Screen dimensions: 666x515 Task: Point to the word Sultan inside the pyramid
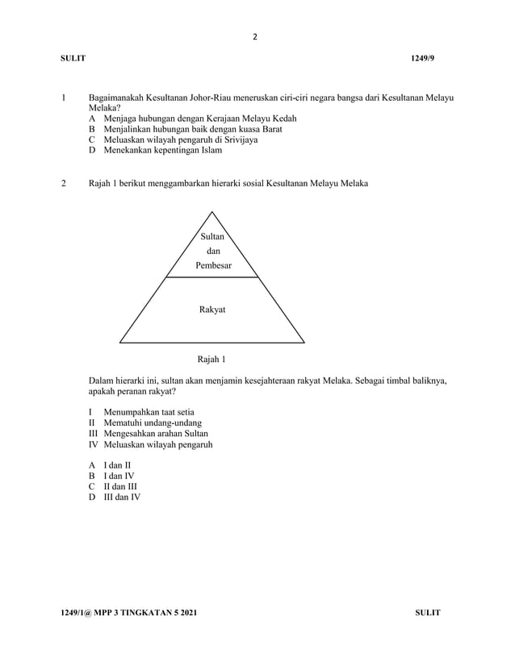pyautogui.click(x=212, y=236)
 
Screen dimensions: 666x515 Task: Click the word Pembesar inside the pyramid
pyautogui.click(x=212, y=265)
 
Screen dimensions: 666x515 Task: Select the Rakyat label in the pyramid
pyautogui.click(x=212, y=309)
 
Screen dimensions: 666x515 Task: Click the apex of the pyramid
pyautogui.click(x=212, y=211)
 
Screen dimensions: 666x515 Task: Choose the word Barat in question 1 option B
pyautogui.click(x=268, y=129)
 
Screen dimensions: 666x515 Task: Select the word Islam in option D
pyautogui.click(x=210, y=150)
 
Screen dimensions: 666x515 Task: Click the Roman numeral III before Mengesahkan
pyautogui.click(x=93, y=433)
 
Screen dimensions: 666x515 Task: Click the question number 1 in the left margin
pyautogui.click(x=63, y=98)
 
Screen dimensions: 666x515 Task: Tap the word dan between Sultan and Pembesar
pyautogui.click(x=212, y=251)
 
